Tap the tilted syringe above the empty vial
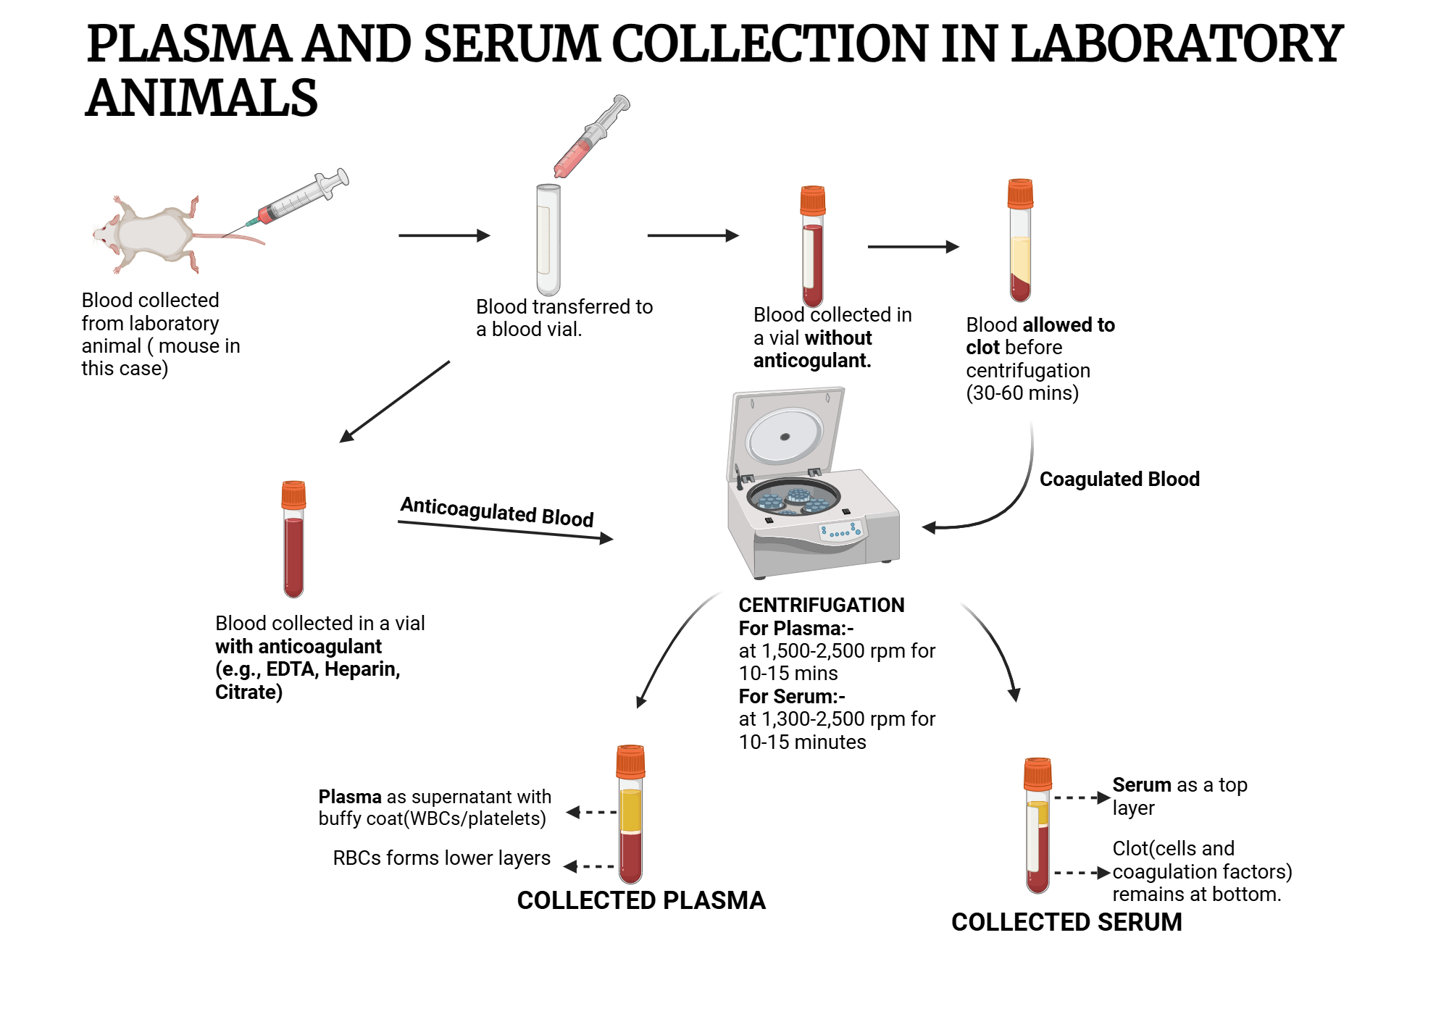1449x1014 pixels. pyautogui.click(x=590, y=137)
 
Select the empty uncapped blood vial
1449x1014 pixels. pyautogui.click(x=548, y=239)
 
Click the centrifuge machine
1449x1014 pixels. pyautogui.click(x=811, y=507)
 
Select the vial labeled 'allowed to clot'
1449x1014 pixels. pyautogui.click(x=1020, y=243)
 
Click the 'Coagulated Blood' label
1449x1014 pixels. pyautogui.click(x=1119, y=479)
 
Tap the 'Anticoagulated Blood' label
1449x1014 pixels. pyautogui.click(x=497, y=511)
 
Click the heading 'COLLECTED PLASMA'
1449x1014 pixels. pyautogui.click(x=641, y=900)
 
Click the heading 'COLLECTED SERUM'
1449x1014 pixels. pyautogui.click(x=1066, y=922)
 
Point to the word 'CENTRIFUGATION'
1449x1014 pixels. pyautogui.click(x=821, y=605)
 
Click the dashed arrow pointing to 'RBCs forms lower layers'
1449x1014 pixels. pyautogui.click(x=590, y=866)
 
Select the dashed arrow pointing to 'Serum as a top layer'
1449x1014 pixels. pyautogui.click(x=1081, y=797)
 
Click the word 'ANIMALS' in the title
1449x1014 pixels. pyautogui.click(x=201, y=98)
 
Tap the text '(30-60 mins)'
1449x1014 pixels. pyautogui.click(x=1022, y=393)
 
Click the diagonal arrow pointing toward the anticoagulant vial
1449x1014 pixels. pyautogui.click(x=395, y=401)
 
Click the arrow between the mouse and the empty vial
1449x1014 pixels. pyautogui.click(x=444, y=235)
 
